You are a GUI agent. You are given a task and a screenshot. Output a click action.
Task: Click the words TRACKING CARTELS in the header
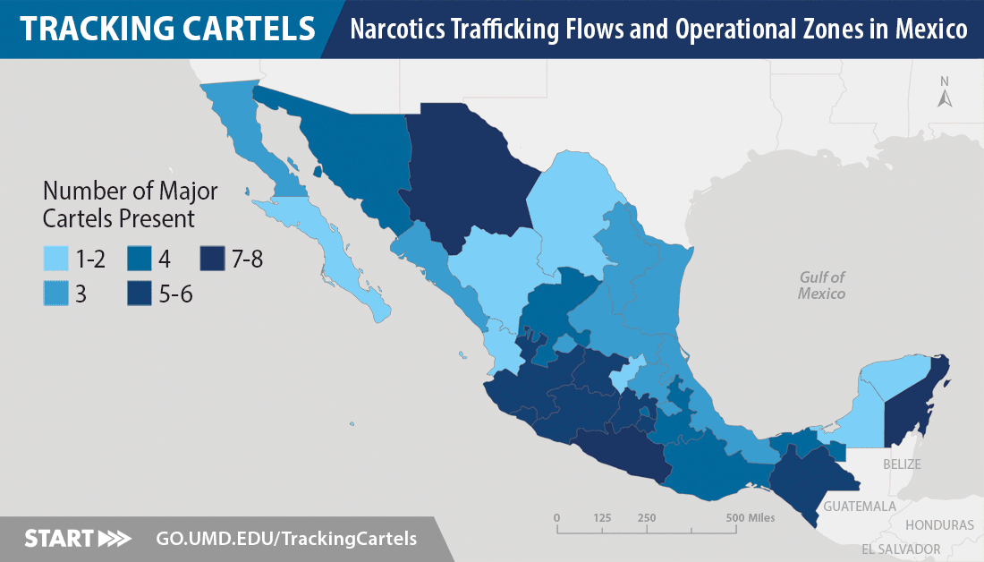(167, 29)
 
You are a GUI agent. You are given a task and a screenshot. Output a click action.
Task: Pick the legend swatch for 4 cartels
(139, 260)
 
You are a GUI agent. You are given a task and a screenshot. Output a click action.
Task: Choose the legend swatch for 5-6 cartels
(139, 293)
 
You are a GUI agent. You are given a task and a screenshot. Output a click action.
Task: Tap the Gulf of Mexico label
(822, 285)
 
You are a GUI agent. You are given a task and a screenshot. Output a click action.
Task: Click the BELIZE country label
(901, 464)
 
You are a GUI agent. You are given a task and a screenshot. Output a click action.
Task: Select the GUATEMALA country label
(860, 507)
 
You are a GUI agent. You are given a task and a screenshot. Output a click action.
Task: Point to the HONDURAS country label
(939, 525)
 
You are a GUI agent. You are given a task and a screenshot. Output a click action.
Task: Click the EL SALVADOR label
(901, 549)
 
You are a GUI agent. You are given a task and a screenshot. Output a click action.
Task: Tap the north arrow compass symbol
(944, 95)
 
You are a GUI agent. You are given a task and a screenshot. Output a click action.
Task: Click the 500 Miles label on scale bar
(751, 517)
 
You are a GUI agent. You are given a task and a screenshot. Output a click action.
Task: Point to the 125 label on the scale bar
(602, 517)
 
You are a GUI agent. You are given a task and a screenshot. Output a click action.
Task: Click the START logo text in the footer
(58, 539)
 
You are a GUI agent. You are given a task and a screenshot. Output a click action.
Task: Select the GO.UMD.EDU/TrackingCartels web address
(286, 539)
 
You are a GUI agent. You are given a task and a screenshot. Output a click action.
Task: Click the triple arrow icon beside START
(114, 539)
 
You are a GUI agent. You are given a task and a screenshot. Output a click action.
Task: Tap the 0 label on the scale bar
(556, 517)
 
